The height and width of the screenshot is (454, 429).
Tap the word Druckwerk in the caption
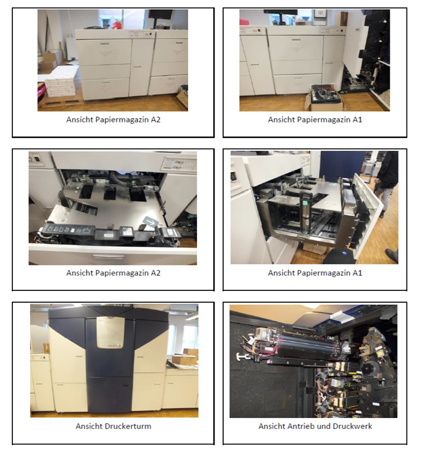(354, 426)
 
